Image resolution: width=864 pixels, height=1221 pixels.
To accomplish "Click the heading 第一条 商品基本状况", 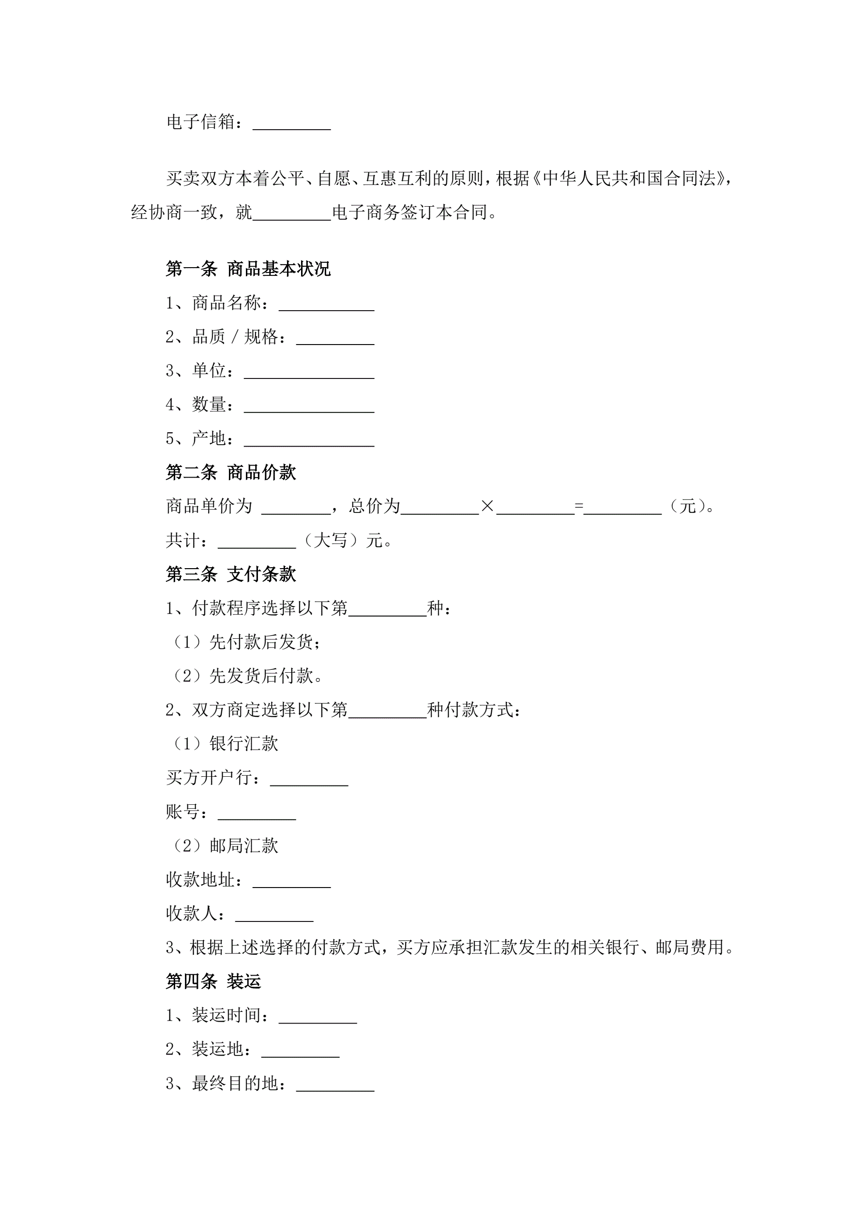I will [248, 269].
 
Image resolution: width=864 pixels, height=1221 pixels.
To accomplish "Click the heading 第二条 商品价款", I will [230, 472].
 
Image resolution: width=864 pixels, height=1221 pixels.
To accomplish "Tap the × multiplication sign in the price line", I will [487, 506].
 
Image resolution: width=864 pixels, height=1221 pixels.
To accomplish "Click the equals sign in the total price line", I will [579, 506].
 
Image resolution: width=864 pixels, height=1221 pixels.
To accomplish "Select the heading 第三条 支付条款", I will [230, 574].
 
